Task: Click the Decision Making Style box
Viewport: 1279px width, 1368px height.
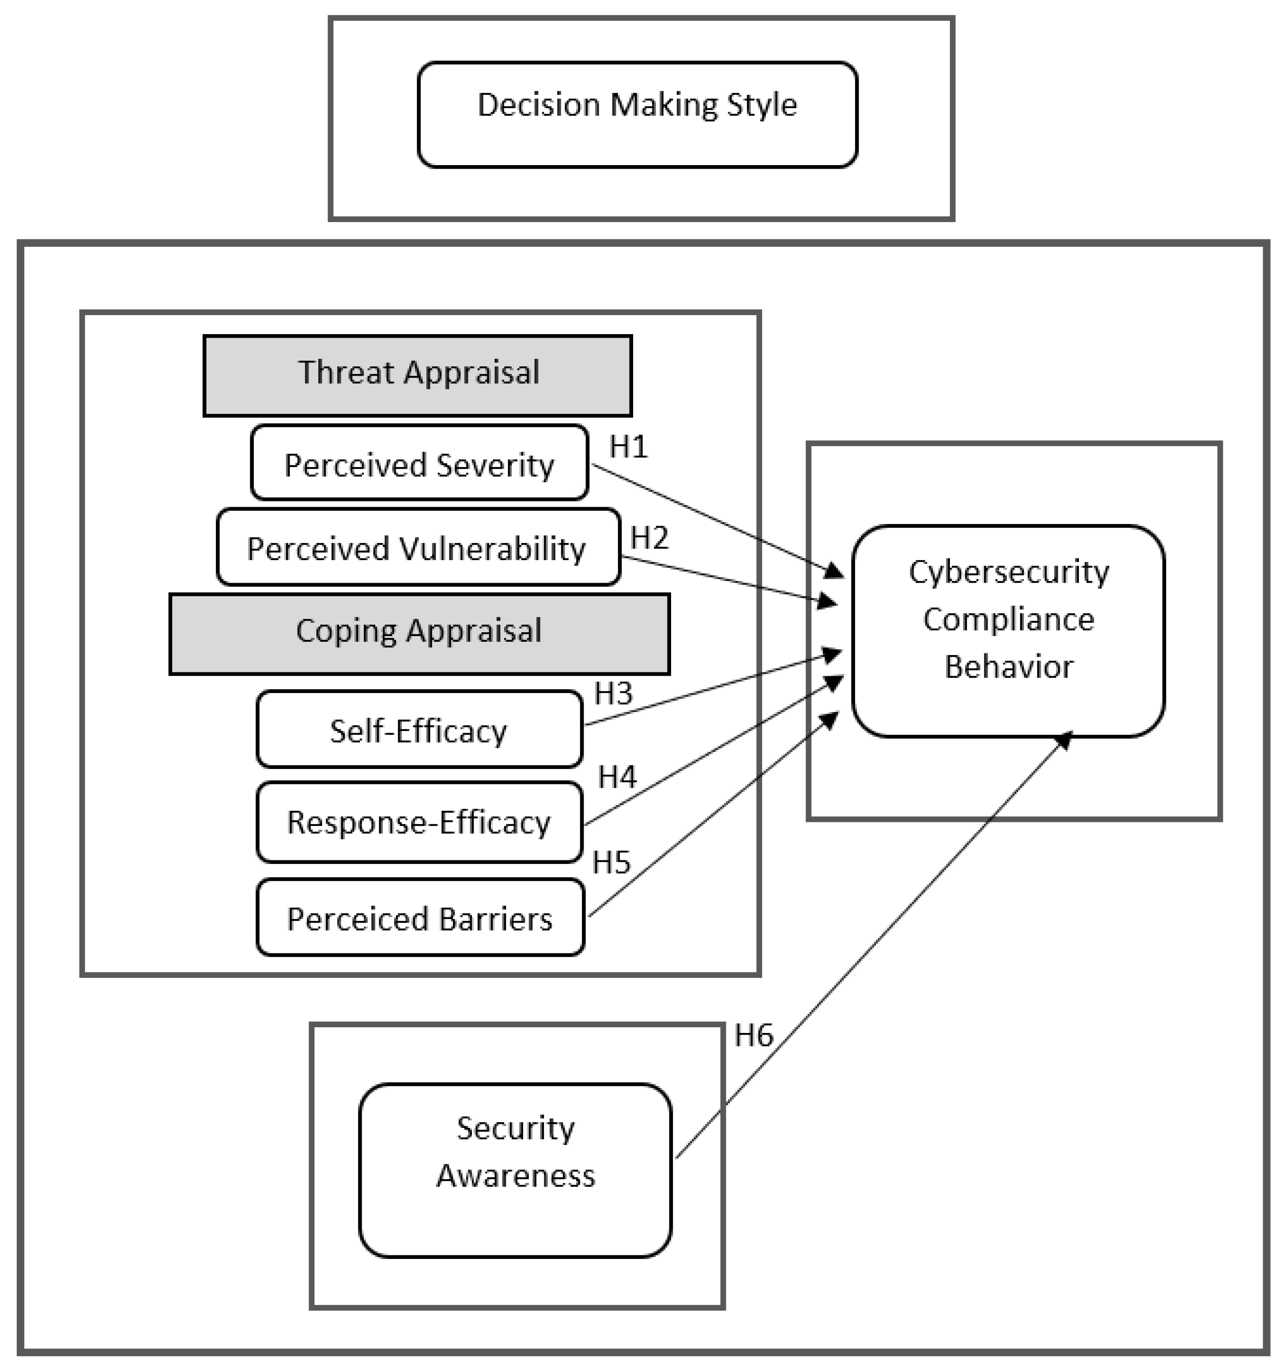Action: click(x=638, y=114)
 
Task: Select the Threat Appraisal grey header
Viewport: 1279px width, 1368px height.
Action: click(x=418, y=375)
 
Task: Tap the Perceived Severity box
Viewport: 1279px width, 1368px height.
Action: click(x=419, y=463)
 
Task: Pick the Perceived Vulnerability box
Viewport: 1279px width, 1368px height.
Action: click(x=418, y=547)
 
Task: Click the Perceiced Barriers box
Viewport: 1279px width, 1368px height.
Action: click(x=420, y=917)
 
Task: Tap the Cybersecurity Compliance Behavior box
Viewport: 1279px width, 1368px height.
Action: click(x=1008, y=631)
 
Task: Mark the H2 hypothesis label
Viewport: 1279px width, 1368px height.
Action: click(x=649, y=537)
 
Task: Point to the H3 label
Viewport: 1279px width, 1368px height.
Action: click(x=613, y=693)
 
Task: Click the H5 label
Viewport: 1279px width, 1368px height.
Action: click(x=611, y=862)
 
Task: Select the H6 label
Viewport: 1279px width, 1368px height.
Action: click(x=753, y=1036)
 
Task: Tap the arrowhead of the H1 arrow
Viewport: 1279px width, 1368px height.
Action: click(x=834, y=570)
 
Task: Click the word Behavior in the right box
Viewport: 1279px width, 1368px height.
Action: click(x=1008, y=666)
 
